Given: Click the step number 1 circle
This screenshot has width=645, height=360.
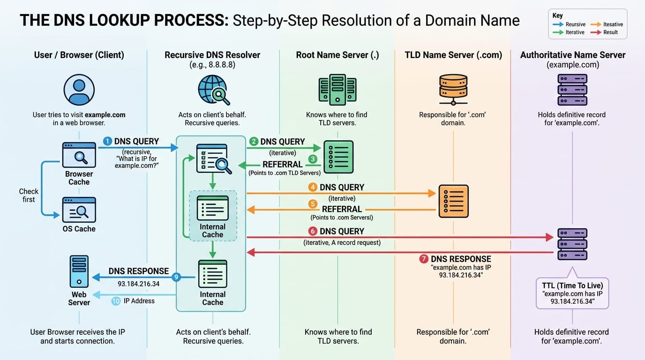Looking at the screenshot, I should click(x=107, y=141).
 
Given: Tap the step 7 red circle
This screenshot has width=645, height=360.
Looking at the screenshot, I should click(x=423, y=259).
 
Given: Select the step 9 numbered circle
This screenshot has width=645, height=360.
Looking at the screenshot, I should click(x=176, y=277).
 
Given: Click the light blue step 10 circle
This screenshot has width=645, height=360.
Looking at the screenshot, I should click(x=116, y=301).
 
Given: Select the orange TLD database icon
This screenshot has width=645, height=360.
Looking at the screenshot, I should click(x=453, y=89).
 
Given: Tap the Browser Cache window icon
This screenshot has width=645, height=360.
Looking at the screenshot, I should click(x=79, y=155).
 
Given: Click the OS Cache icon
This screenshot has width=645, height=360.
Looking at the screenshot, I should click(x=79, y=210).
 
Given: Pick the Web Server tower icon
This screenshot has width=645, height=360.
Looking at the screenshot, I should click(x=79, y=271).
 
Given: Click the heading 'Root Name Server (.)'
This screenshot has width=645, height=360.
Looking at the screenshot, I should click(x=337, y=55).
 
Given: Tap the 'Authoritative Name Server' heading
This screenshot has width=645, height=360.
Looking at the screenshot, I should click(x=573, y=55).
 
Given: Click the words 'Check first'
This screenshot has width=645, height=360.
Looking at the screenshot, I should click(x=29, y=195).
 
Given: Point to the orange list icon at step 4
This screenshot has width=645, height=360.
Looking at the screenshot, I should click(x=453, y=201).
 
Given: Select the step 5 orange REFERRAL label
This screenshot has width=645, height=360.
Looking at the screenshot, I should click(x=342, y=209).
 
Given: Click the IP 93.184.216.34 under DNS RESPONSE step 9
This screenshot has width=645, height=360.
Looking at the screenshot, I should click(x=139, y=284).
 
